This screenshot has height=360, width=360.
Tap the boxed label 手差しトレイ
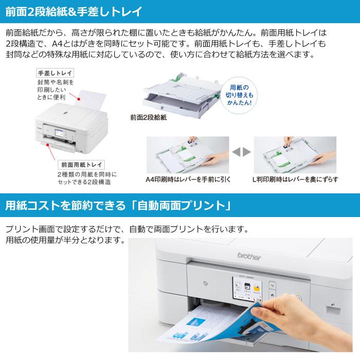pyautogui.click(x=55, y=74)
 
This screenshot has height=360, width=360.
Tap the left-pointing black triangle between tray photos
pyautogui.click(x=236, y=152)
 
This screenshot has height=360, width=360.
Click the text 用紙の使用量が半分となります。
pyautogui.click(x=65, y=240)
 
